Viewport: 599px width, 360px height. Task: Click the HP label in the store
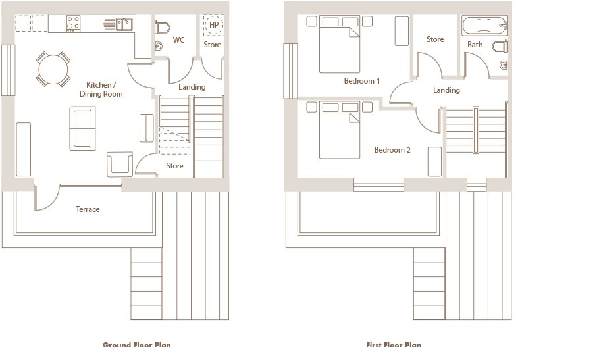pos(214,25)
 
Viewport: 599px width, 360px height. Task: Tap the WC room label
pos(178,39)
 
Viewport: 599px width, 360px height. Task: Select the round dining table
pos(53,69)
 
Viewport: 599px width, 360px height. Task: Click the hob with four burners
pos(73,23)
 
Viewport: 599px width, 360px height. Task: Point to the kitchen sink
pos(124,24)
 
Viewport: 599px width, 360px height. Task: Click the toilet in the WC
pos(162,28)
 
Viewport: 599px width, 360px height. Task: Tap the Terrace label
pos(88,209)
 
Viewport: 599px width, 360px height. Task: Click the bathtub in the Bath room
pos(484,26)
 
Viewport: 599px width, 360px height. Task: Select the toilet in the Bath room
pos(500,47)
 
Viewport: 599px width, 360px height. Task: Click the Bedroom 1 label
pos(362,81)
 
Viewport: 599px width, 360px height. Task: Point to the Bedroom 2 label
pos(392,150)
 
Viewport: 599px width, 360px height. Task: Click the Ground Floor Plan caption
pos(137,345)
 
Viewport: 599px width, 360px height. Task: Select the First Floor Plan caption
pos(394,345)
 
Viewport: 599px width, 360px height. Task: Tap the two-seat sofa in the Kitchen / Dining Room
pos(82,128)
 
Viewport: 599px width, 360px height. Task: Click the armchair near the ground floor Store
pos(120,165)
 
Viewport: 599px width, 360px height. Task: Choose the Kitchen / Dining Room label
pos(101,90)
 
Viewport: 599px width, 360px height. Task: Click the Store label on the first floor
pos(435,39)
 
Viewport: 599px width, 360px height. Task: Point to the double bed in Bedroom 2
pos(340,130)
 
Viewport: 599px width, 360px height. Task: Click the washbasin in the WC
pos(159,46)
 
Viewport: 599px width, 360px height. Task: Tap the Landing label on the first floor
pos(446,90)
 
